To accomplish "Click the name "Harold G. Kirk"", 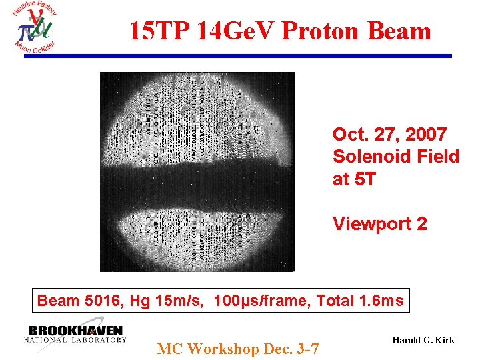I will tap(423, 340).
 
